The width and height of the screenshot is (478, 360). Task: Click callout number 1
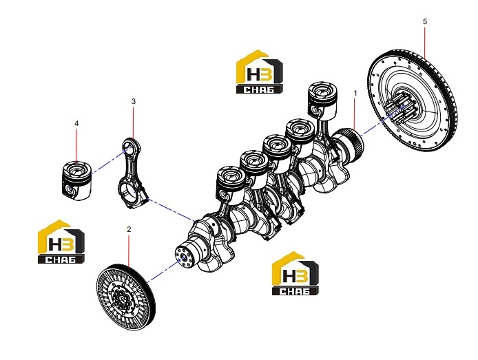click(355, 93)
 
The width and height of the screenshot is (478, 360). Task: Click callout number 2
click(129, 229)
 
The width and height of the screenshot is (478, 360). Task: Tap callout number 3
click(134, 101)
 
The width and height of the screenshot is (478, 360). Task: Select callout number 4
click(76, 123)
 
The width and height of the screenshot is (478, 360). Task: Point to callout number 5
click(425, 21)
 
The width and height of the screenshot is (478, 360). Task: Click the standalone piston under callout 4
click(76, 180)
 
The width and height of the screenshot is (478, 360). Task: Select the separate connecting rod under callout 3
click(132, 173)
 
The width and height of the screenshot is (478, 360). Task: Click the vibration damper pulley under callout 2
click(125, 295)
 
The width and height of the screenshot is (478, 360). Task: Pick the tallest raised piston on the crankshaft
click(322, 100)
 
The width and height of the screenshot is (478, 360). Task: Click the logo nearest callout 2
click(61, 242)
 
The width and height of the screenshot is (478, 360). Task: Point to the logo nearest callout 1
click(260, 72)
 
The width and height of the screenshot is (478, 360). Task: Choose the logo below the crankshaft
click(295, 273)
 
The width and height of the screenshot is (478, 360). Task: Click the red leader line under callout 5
click(425, 43)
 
